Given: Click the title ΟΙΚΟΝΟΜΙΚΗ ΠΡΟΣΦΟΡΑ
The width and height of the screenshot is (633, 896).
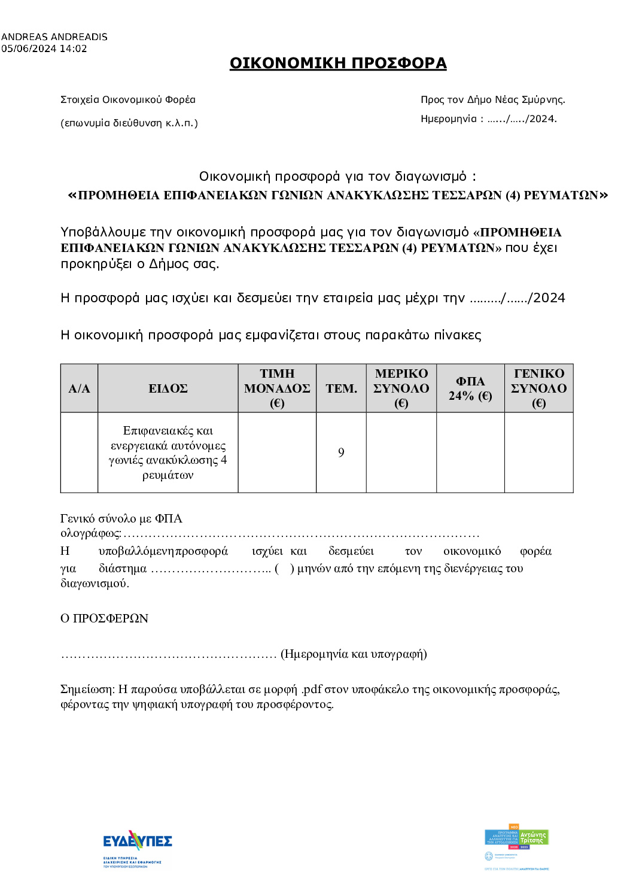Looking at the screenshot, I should (338, 63).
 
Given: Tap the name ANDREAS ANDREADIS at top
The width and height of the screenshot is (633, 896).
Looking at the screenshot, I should (54, 37).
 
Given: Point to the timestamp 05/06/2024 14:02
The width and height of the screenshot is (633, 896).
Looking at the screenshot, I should (44, 48).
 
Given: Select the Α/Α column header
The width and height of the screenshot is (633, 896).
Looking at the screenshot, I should (79, 388).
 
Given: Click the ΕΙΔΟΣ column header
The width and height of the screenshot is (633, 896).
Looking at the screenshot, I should (168, 388).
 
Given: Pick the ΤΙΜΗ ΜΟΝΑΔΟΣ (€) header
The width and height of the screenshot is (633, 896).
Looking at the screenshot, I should (277, 388).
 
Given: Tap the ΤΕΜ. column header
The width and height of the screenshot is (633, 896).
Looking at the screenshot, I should (341, 388).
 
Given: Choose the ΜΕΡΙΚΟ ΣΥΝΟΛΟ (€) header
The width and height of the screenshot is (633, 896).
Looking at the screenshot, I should (401, 388).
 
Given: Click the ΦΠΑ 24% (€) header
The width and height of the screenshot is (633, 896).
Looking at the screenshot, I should (470, 388).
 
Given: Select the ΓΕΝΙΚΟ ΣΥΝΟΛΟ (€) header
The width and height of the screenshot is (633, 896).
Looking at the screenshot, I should (538, 388).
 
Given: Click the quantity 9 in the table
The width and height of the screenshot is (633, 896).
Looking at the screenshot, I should (341, 452).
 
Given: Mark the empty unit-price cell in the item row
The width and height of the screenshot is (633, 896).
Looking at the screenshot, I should (277, 452).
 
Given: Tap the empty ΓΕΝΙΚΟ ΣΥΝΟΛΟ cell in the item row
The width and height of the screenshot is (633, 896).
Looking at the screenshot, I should (538, 452).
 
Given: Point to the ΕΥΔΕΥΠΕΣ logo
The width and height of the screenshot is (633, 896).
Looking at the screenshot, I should (137, 843).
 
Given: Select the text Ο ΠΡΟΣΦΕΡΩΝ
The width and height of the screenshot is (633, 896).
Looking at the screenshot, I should (104, 618).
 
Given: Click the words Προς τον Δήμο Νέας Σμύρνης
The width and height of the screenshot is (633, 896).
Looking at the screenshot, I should (492, 99).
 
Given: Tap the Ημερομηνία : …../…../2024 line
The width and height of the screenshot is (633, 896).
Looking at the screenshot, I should (488, 119).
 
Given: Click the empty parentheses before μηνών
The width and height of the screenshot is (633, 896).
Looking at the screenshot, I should (284, 569).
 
